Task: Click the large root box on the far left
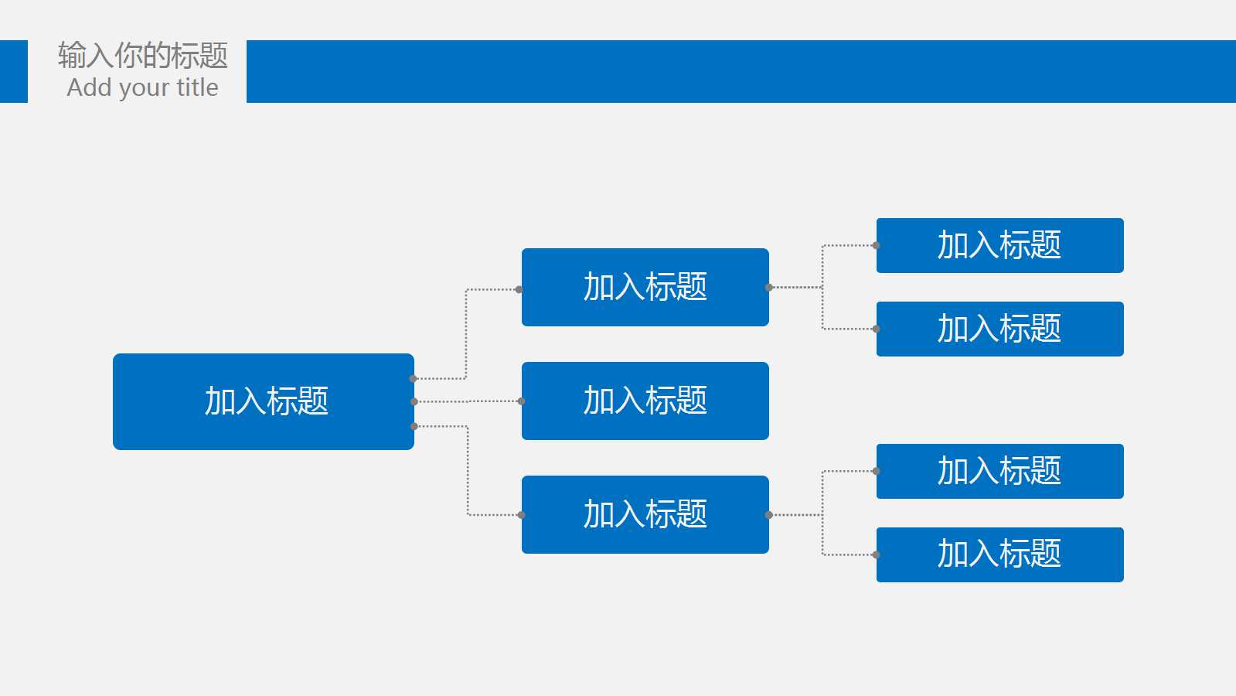264,401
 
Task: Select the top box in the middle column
645,287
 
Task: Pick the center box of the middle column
645,401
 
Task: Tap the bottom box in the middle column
645,514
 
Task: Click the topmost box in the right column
999,245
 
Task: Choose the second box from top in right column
999,329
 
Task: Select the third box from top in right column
999,471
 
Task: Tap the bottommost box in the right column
999,554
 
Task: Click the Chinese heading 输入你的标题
143,55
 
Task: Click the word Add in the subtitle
90,87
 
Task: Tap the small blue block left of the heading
14,71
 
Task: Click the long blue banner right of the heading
741,71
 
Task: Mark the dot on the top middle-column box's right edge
768,287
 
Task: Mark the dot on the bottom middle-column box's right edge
768,515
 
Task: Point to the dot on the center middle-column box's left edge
522,401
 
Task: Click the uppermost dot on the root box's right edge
413,379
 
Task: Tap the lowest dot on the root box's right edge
414,426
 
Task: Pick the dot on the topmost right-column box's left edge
877,245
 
